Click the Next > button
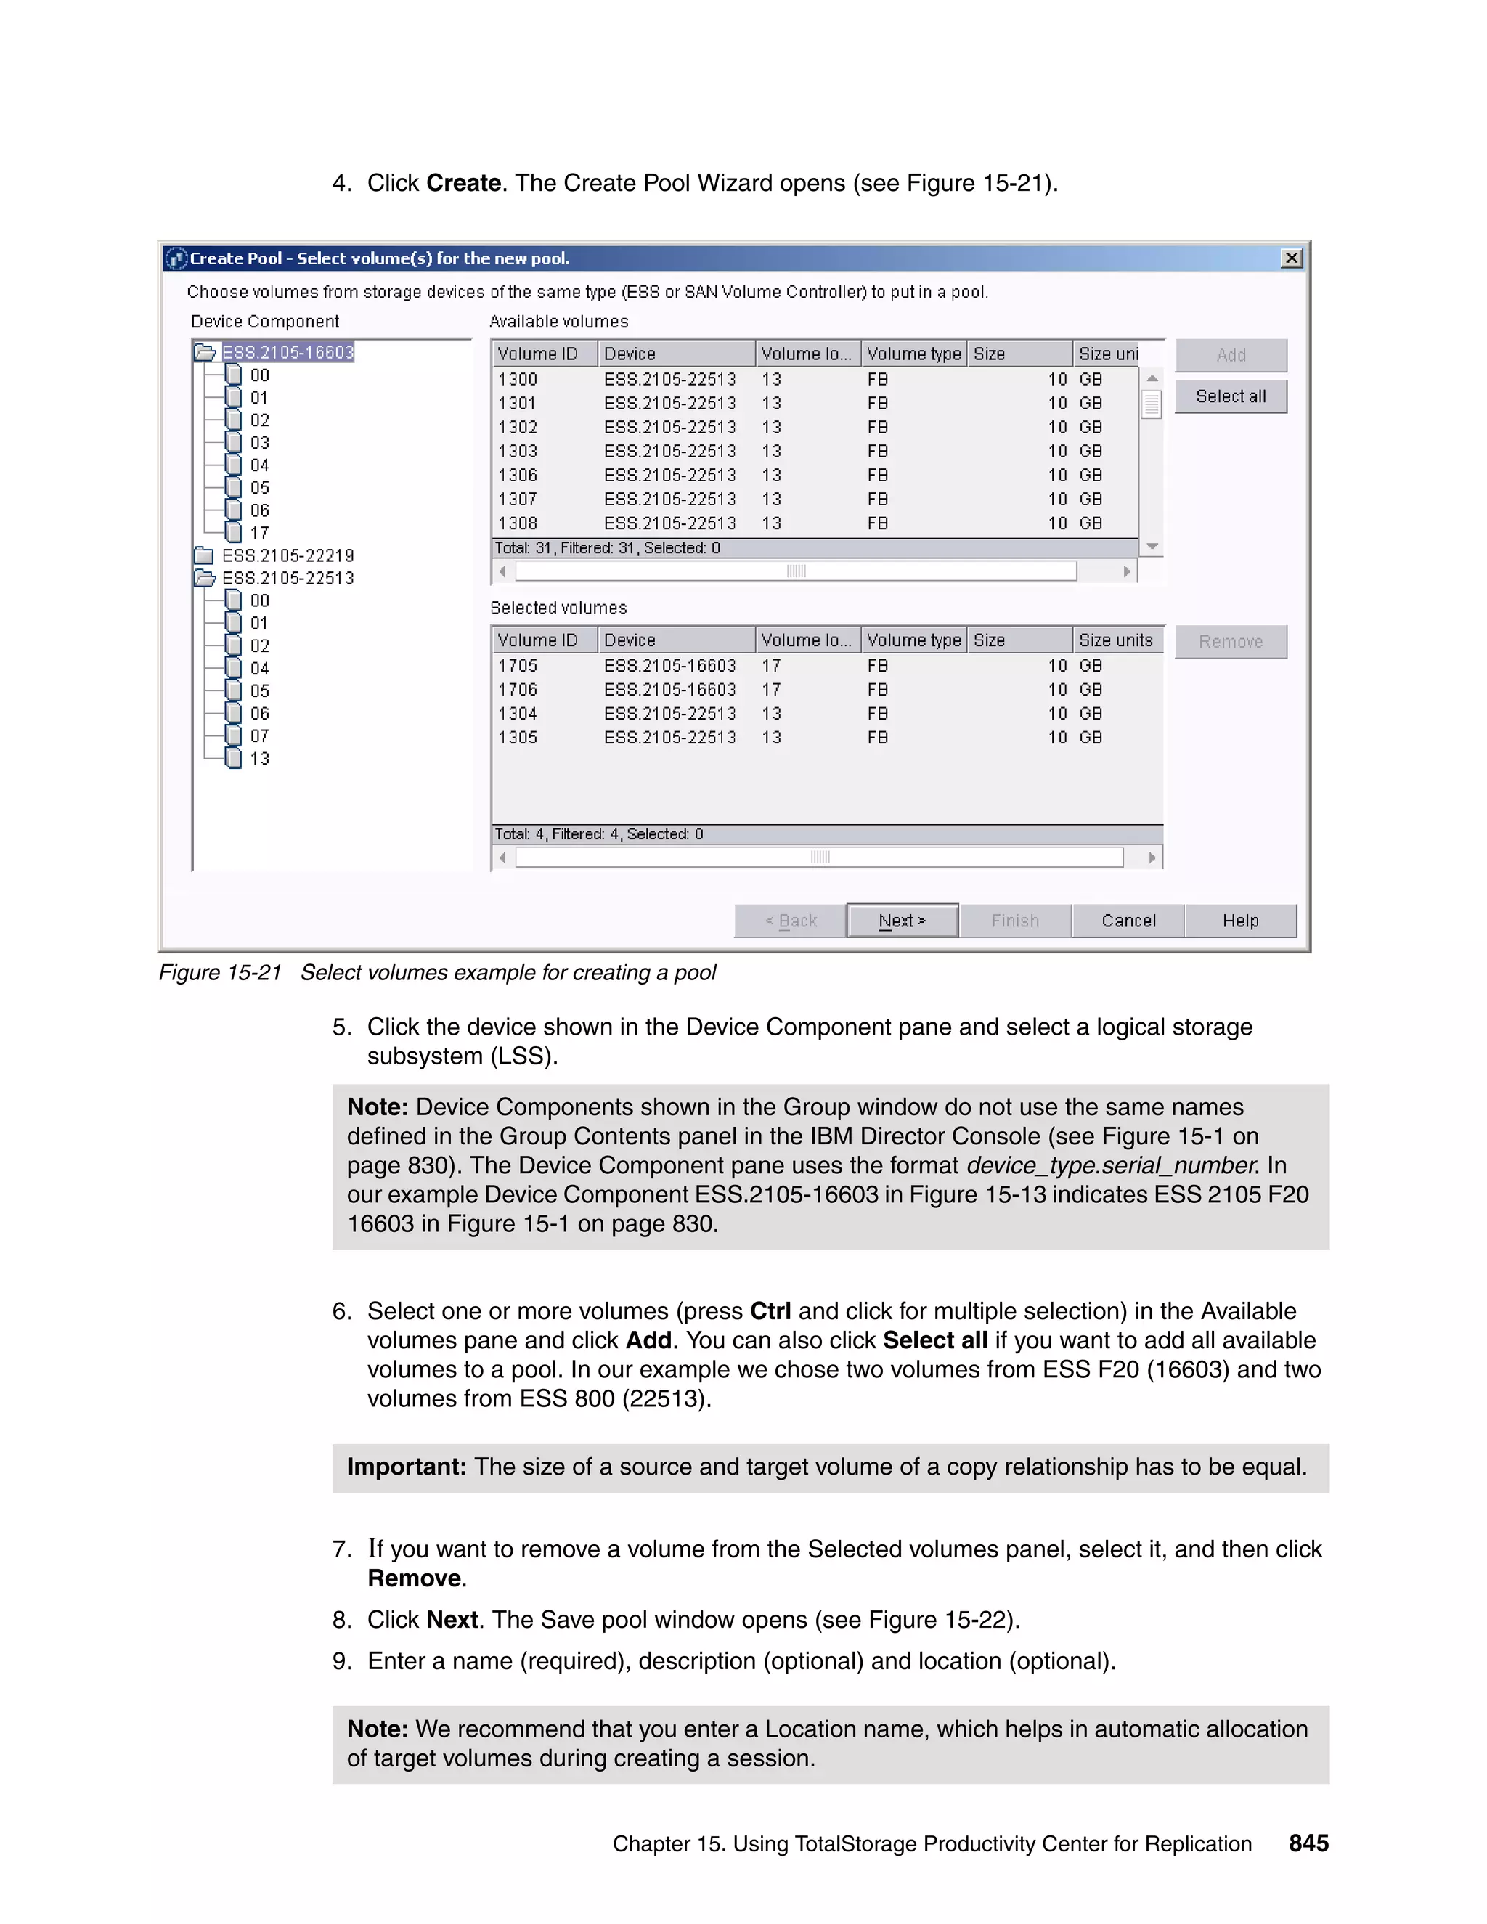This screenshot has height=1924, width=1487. [x=902, y=921]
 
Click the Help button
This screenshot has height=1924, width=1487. [x=1239, y=921]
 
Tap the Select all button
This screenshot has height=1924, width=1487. [x=1231, y=396]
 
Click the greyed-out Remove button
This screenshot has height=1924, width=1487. [x=1231, y=641]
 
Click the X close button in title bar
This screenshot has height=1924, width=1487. [x=1292, y=258]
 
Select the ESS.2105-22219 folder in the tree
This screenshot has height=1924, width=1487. [x=288, y=556]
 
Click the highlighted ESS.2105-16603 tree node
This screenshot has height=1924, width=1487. [x=288, y=352]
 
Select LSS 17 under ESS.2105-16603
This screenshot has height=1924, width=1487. [x=259, y=533]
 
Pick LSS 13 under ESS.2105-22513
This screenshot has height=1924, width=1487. [x=259, y=759]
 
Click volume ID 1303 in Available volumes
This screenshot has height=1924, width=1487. [x=518, y=451]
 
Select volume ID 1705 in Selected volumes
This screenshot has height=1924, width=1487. [x=518, y=666]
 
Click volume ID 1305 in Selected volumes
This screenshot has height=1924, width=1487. [x=518, y=738]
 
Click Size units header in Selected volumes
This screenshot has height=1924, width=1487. [x=1115, y=640]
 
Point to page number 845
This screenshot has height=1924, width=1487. [x=1308, y=1843]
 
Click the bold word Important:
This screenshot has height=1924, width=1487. [x=406, y=1467]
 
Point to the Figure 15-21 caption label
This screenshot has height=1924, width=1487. [x=220, y=973]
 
